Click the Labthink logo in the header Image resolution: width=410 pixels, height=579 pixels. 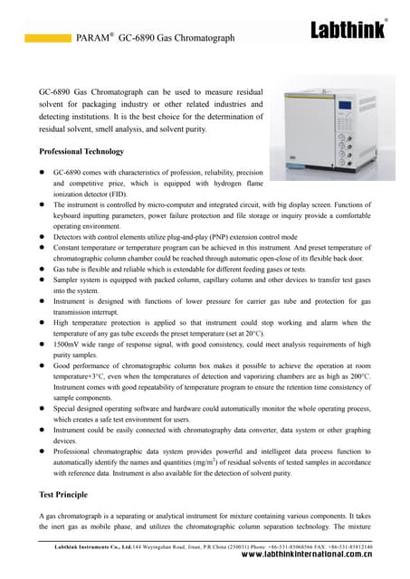(x=348, y=30)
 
